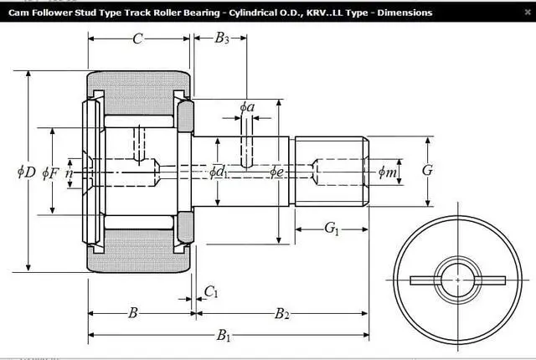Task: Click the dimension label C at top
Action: (137, 38)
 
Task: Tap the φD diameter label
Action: (26, 172)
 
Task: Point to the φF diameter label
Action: (50, 172)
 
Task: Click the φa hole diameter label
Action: (247, 107)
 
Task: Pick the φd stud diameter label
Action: (218, 172)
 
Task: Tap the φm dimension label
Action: (388, 172)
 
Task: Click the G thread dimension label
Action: (427, 171)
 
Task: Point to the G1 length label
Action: (332, 228)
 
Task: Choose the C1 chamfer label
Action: (211, 291)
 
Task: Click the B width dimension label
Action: (132, 313)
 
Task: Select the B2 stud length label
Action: (282, 314)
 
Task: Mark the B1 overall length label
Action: (224, 336)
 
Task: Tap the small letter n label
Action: (70, 172)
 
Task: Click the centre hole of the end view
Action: (458, 278)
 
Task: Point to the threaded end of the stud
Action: (331, 171)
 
